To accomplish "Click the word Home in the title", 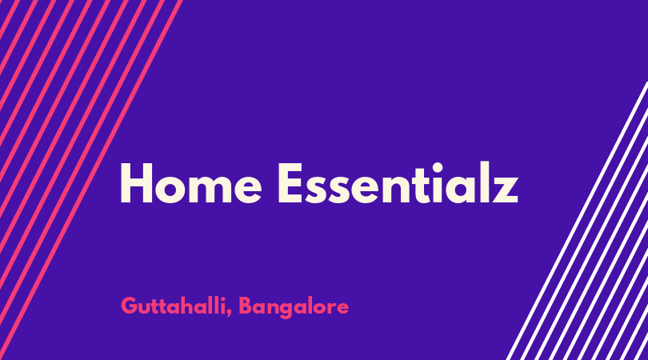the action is pos(191,182).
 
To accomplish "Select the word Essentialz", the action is pos(398,182).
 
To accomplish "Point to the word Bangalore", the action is pos(294,307).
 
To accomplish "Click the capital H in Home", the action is pos(136,183).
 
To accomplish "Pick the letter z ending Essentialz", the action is pos(505,189).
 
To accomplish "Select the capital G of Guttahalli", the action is pos(129,306).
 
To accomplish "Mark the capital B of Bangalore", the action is pos(246,306).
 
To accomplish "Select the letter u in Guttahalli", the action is pos(146,310).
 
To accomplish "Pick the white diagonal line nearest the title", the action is pos(577,221).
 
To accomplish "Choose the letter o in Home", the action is pos(170,189).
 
